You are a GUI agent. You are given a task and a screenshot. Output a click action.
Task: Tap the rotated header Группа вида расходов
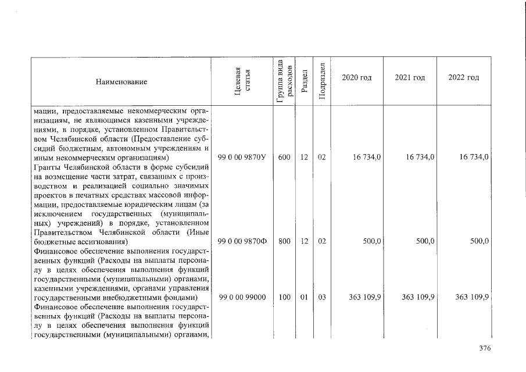(x=284, y=81)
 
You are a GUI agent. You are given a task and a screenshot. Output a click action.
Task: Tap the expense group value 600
(x=284, y=158)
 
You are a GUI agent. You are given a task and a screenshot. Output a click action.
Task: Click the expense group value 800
(x=284, y=241)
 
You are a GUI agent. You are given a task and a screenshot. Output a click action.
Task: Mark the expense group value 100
(x=284, y=297)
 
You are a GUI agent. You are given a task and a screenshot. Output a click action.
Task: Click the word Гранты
(x=49, y=167)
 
